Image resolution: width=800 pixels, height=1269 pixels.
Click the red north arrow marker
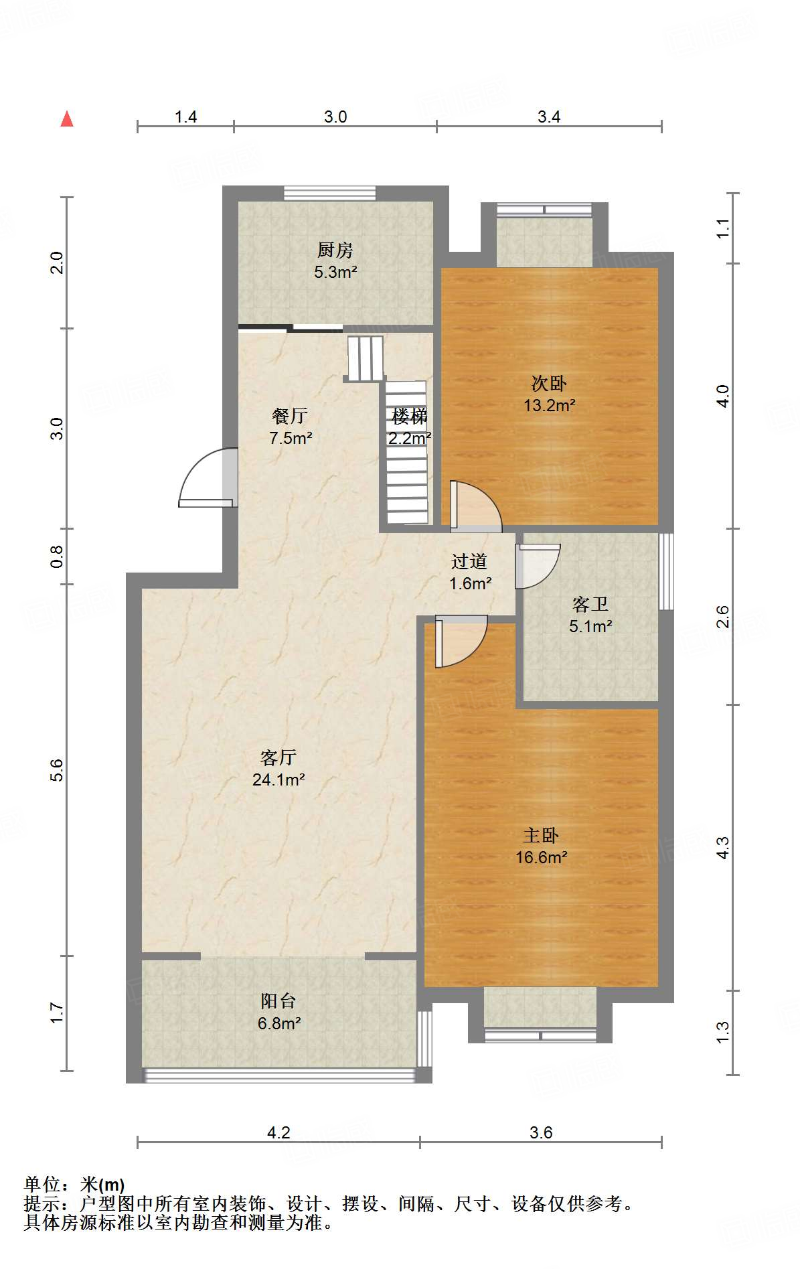point(67,119)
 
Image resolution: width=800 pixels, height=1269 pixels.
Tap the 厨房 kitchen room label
point(335,250)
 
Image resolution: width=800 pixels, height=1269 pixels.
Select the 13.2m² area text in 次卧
point(550,405)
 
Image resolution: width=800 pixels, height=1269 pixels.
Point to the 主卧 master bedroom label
point(541,835)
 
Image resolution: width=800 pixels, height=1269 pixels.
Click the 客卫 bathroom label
point(590,605)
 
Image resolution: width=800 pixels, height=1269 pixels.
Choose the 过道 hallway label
point(469,561)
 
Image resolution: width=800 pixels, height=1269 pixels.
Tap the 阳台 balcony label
point(278,1001)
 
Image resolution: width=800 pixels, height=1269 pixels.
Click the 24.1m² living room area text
point(278,779)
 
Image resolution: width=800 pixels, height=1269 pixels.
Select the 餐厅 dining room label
point(290,416)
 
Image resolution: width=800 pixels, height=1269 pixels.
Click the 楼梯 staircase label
point(409,417)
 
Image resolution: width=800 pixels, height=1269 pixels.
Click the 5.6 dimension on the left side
point(57,770)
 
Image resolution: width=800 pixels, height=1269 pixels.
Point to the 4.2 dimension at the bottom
point(278,1132)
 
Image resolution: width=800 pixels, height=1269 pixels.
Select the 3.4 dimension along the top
point(549,117)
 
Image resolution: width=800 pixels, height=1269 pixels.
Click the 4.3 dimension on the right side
point(723,848)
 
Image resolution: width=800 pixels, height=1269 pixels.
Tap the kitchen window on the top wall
point(329,193)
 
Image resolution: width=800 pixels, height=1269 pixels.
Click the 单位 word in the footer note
point(43,1185)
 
